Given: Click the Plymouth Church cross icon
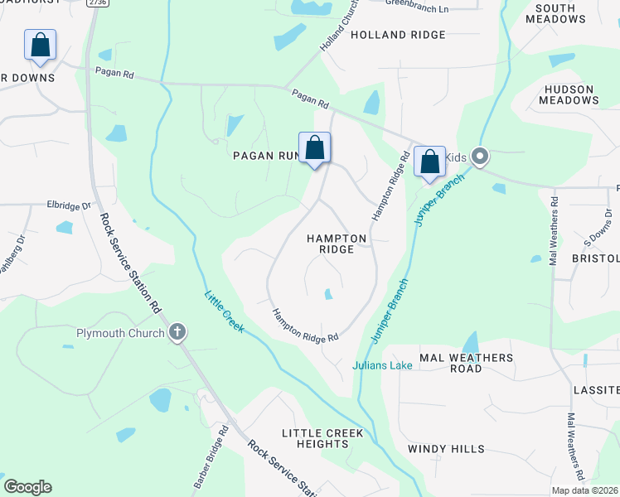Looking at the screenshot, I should pos(177,333).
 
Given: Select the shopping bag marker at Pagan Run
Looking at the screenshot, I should pos(315,149).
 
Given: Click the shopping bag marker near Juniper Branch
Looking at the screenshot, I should pos(429,161).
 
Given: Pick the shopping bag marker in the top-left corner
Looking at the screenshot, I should pos(40,46).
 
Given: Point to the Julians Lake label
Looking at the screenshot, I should pos(382,365).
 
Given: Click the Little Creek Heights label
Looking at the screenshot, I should pos(322,438).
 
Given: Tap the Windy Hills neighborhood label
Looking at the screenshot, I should pos(446,449).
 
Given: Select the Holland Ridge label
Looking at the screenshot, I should pos(398,35).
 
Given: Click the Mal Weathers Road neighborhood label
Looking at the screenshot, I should pos(466,363).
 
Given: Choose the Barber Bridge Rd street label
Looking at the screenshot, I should pos(211,456).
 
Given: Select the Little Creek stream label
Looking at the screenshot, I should pos(225,311).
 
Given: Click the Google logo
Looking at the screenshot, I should pos(27,487).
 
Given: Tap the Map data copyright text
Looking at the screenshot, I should pos(584,490).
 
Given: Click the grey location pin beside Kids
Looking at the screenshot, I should pos(479,156).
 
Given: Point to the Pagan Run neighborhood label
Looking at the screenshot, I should pos(264,155).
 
